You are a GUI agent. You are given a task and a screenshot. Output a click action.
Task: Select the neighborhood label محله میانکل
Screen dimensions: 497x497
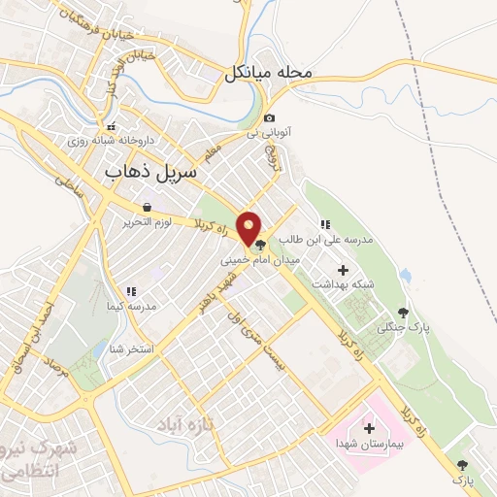coord(267,72)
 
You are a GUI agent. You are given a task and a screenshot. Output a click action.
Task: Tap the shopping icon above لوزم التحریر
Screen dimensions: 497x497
coord(146,207)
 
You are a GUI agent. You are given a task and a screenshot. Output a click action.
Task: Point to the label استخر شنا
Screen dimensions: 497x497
coord(133,348)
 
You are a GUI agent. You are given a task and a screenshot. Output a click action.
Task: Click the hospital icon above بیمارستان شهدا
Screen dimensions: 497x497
coord(369,428)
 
